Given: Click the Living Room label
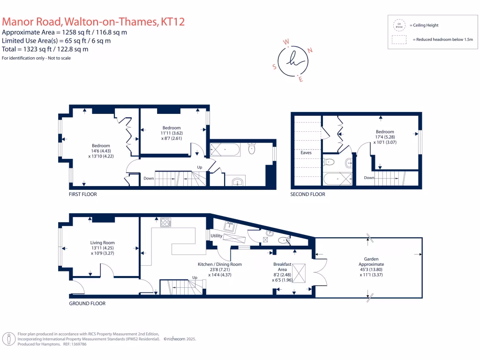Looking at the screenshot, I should click(x=102, y=242).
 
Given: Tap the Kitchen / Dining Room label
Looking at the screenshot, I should click(x=220, y=264).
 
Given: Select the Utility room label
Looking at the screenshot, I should click(x=216, y=236).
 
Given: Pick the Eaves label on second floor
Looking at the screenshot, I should click(x=300, y=152).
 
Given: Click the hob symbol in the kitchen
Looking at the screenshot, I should click(x=165, y=222).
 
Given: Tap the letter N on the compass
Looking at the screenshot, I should click(x=310, y=50).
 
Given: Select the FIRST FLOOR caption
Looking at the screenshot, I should click(x=82, y=194).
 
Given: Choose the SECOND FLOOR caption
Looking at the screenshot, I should click(x=307, y=194).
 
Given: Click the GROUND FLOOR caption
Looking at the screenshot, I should click(x=87, y=303).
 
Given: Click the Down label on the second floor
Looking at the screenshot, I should click(x=369, y=178).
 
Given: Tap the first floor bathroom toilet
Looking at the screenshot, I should click(x=252, y=149).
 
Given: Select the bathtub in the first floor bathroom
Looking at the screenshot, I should click(x=225, y=150).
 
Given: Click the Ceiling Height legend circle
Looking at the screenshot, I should click(x=399, y=25).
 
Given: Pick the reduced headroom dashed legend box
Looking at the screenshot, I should click(x=399, y=40).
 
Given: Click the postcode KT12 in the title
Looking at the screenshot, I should click(x=172, y=22).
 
